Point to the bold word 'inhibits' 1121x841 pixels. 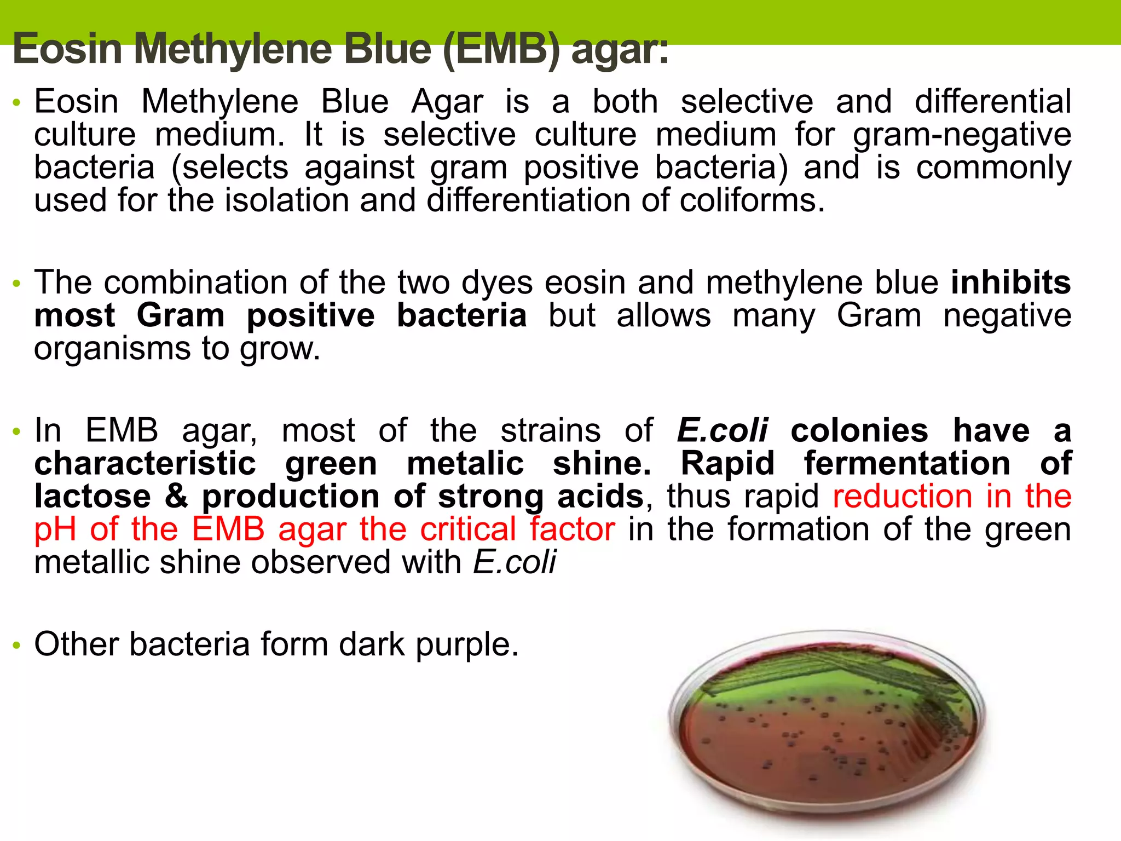click(1010, 283)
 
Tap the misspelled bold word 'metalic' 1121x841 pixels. click(465, 464)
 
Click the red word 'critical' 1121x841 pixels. click(468, 529)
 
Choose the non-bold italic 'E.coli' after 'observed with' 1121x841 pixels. click(515, 562)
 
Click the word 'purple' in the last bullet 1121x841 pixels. click(465, 645)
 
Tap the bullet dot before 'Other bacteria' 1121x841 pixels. click(17, 646)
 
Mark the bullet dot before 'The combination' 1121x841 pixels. click(17, 284)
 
